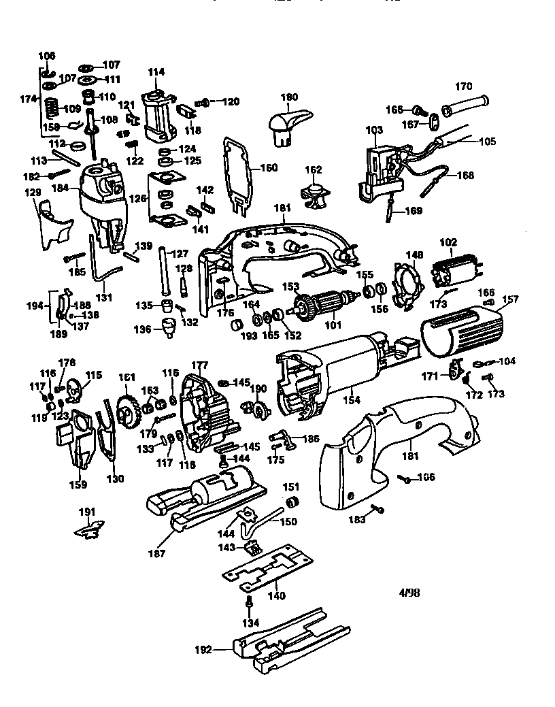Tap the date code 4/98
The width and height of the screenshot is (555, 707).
(409, 592)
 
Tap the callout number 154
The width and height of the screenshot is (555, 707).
(351, 401)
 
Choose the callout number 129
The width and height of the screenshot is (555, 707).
(32, 193)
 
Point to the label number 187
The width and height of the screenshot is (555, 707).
(157, 553)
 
